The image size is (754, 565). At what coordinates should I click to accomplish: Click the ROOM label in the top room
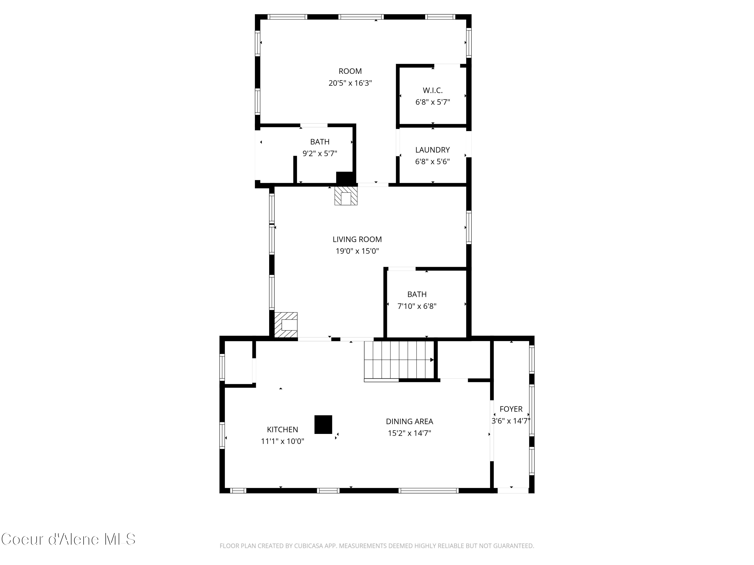tap(350, 71)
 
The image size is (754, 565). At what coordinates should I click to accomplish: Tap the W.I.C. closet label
tap(433, 90)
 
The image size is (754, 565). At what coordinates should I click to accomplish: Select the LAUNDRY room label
tap(432, 150)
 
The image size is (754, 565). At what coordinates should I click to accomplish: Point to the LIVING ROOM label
tap(357, 239)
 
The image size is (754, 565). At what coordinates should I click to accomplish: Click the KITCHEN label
tap(282, 429)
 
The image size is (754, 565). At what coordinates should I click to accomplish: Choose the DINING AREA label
tap(409, 421)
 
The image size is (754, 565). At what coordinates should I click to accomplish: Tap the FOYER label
tap(511, 409)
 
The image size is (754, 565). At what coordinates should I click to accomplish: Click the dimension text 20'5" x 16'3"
tap(350, 83)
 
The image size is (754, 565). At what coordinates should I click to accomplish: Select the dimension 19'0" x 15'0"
tap(357, 251)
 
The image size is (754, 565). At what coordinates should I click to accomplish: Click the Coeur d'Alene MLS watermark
tap(68, 539)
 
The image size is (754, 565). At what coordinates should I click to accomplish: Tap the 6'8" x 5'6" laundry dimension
tap(432, 162)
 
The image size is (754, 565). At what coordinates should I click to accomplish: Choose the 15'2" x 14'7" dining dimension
tap(409, 433)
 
